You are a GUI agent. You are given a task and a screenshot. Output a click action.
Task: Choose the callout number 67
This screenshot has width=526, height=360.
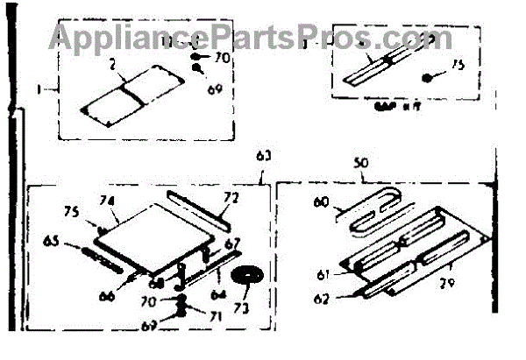click(231, 243)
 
